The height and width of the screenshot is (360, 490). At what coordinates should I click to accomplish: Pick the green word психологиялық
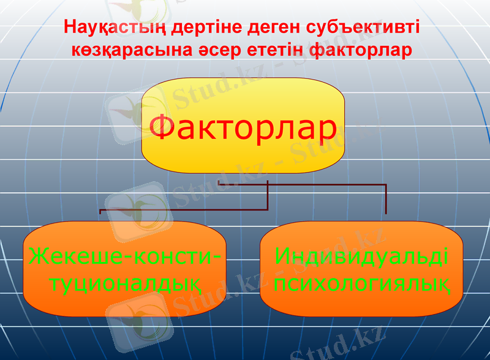tap(361, 283)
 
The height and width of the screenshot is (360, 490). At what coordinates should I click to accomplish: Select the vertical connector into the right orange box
tap(386, 199)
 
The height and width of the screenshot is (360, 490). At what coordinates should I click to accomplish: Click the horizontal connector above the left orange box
tap(184, 210)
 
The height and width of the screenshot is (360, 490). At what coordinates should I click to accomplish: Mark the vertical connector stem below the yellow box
tap(268, 196)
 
